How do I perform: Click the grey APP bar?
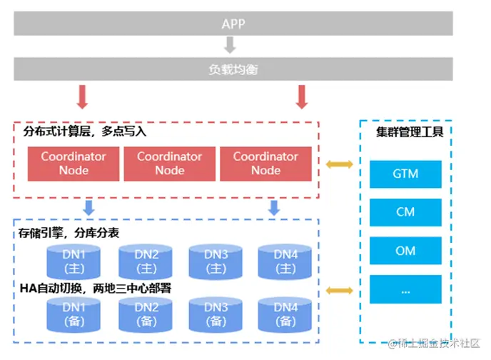coord(233,24)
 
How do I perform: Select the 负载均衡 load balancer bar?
coord(233,69)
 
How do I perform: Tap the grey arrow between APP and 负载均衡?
coord(230,46)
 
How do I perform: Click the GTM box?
coord(405,174)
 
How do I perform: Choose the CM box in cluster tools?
coord(405,212)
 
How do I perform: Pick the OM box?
coord(405,251)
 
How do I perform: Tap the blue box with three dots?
coord(405,289)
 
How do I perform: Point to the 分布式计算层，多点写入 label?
coord(85,132)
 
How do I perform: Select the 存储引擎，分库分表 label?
coord(69,234)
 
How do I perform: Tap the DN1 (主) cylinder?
coord(74,261)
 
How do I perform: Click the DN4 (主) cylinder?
coord(285,261)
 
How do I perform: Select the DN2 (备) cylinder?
coord(145,315)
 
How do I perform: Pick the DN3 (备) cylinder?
coord(216,315)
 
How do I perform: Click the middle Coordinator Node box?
coord(170,164)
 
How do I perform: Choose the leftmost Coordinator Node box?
coord(74,164)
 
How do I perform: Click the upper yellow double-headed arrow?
coord(340,165)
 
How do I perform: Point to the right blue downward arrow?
coord(273,207)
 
